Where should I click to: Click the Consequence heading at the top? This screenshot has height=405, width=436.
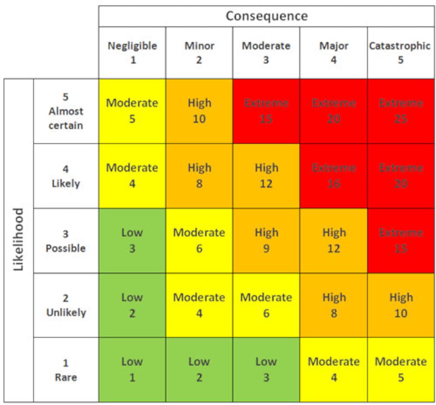tap(267, 16)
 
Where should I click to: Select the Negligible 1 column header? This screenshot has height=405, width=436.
tap(132, 52)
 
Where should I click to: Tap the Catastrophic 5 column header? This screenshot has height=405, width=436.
tap(400, 52)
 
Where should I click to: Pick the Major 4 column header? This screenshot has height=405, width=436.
tap(334, 52)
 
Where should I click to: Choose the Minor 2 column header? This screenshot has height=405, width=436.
tap(199, 52)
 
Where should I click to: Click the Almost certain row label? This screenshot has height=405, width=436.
tap(66, 111)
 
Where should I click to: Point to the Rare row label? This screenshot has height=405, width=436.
tap(66, 370)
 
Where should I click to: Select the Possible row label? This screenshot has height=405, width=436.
tap(66, 241)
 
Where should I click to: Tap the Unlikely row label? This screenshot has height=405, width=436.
tap(66, 305)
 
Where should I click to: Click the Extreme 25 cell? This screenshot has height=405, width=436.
tap(400, 111)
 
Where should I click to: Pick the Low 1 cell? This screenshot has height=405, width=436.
tap(132, 369)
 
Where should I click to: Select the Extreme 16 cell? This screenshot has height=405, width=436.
tap(334, 176)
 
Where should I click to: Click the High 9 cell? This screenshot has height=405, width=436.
tap(266, 240)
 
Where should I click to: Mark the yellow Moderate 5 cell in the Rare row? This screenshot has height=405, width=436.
tap(400, 369)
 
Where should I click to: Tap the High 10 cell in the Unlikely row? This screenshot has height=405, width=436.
tap(400, 305)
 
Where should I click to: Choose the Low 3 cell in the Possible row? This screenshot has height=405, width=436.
tap(132, 240)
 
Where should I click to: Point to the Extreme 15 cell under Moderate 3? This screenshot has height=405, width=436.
tap(266, 111)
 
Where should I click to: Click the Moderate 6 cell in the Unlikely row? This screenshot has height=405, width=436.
tap(266, 305)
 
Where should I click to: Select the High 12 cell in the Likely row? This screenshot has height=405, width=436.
tap(266, 176)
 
